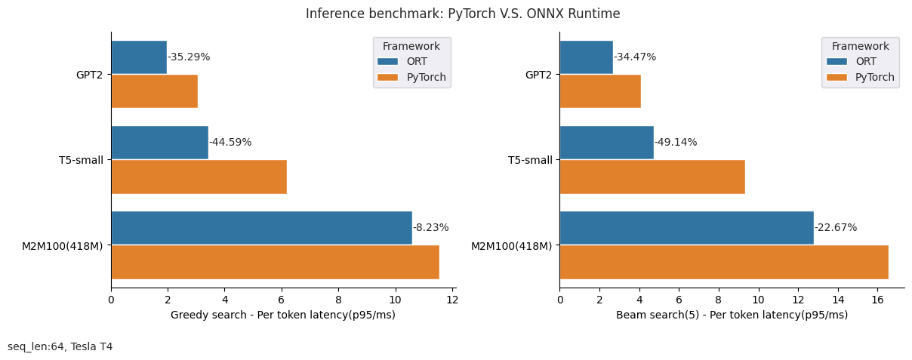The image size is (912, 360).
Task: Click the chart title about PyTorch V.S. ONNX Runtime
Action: click(x=463, y=14)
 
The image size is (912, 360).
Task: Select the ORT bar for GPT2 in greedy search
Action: click(x=139, y=57)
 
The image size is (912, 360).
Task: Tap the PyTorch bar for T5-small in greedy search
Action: click(x=199, y=177)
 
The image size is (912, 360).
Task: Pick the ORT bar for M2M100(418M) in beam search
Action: click(x=686, y=228)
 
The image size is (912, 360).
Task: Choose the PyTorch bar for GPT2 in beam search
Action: click(x=600, y=91)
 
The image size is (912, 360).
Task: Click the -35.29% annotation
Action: click(x=189, y=57)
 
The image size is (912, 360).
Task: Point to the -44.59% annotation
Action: click(x=230, y=143)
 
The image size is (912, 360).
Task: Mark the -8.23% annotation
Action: click(x=430, y=228)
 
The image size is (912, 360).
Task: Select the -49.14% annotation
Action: click(x=676, y=143)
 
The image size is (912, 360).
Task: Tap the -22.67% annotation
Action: click(x=836, y=228)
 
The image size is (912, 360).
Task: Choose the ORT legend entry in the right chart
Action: click(x=856, y=62)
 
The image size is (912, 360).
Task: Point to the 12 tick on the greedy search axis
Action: click(x=452, y=300)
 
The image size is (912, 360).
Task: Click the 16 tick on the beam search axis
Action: click(x=877, y=300)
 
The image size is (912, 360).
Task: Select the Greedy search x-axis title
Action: click(x=283, y=315)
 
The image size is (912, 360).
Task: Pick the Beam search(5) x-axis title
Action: click(x=732, y=315)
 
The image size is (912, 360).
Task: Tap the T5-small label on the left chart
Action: click(x=81, y=160)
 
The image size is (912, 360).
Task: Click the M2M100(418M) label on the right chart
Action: click(x=511, y=246)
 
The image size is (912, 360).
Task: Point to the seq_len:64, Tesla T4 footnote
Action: click(x=60, y=346)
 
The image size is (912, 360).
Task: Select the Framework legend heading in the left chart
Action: click(x=411, y=47)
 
